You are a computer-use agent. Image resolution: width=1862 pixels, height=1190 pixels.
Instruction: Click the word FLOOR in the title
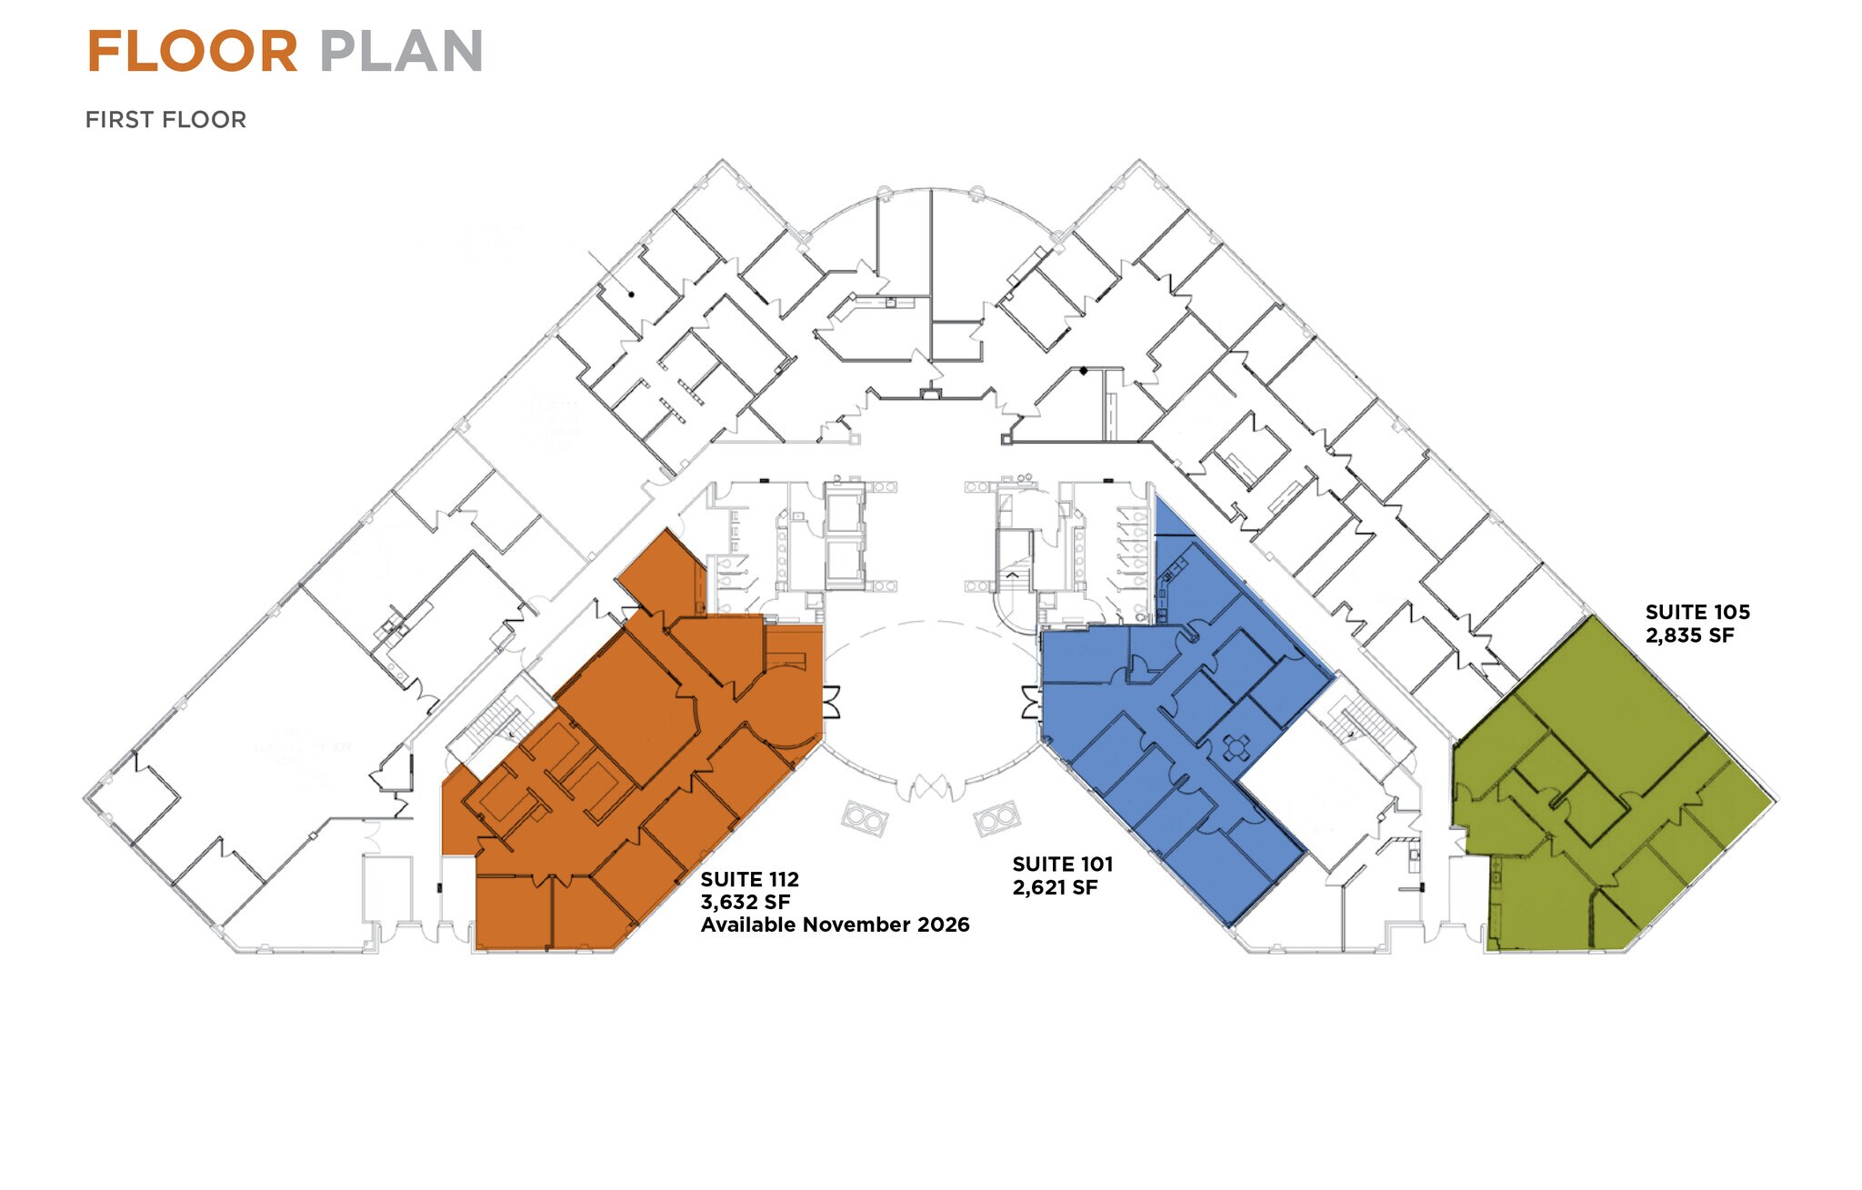192,52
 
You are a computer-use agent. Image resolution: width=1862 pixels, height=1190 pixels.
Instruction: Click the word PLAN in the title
401,52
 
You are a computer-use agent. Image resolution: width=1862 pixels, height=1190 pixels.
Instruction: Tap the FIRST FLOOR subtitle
165,120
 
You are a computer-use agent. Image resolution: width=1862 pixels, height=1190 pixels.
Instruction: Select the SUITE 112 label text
749,879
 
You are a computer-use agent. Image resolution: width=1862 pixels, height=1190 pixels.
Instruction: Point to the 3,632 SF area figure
745,902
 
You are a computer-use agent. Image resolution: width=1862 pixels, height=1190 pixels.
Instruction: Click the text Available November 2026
835,925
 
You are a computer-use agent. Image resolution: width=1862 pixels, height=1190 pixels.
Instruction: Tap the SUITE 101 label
1062,865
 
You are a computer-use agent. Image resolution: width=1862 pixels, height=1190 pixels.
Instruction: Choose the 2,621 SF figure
1055,887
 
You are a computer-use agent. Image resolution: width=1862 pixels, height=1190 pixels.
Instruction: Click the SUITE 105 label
1697,613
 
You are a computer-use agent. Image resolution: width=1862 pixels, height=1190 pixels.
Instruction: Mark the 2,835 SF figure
1689,635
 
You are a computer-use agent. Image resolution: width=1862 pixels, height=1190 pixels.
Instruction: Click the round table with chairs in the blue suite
1237,748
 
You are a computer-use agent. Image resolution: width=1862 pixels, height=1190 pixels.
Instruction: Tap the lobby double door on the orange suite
831,702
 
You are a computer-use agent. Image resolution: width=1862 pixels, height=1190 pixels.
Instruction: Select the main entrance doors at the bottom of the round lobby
930,788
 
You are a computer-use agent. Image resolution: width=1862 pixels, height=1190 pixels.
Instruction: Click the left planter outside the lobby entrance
864,819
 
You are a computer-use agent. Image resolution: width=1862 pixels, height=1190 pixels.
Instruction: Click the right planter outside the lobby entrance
996,819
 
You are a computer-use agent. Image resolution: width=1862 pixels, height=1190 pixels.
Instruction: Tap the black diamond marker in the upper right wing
1083,370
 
